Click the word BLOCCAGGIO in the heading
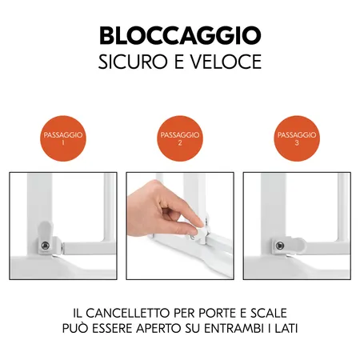point(180,35)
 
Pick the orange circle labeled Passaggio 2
point(180,140)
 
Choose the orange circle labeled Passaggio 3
point(297,140)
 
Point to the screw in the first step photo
point(46,245)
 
